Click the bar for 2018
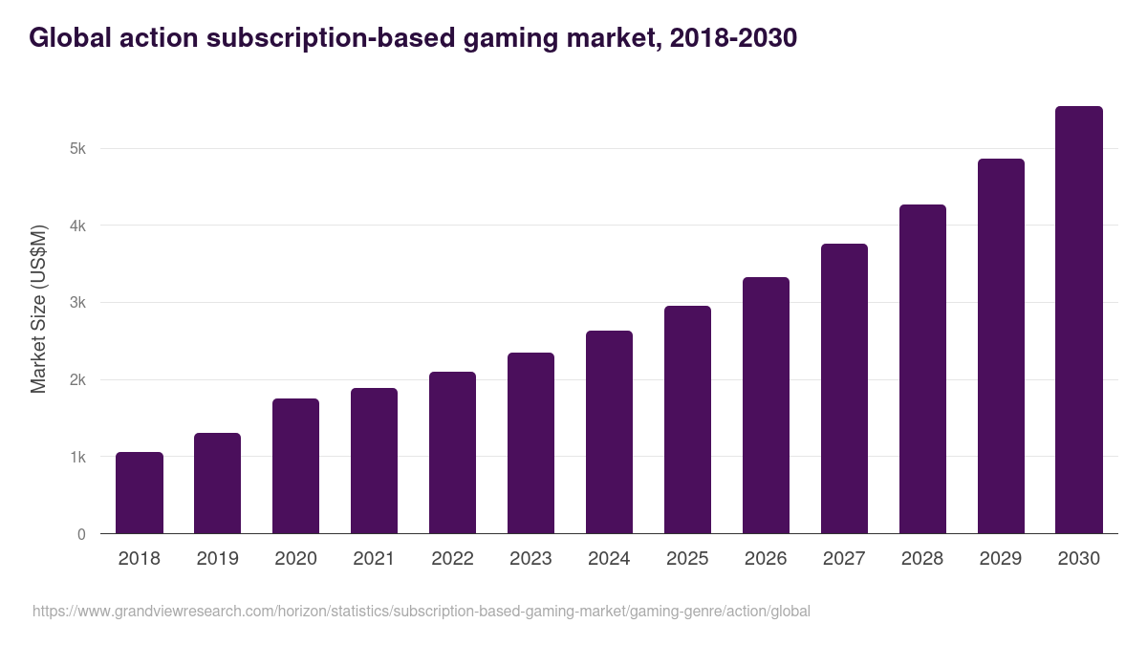point(140,493)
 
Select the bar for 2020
point(296,466)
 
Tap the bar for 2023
point(530,443)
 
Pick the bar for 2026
point(766,405)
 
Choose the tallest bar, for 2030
point(1079,320)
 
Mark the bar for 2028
point(922,369)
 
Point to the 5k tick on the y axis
point(77,149)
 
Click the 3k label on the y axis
point(77,303)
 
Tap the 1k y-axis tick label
point(77,458)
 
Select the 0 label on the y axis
point(81,535)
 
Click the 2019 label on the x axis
point(218,559)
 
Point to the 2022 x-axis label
point(452,559)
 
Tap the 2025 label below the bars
point(687,559)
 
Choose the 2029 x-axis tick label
point(1001,559)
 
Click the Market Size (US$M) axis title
point(38,309)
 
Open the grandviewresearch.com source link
point(421,611)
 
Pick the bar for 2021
point(374,461)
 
